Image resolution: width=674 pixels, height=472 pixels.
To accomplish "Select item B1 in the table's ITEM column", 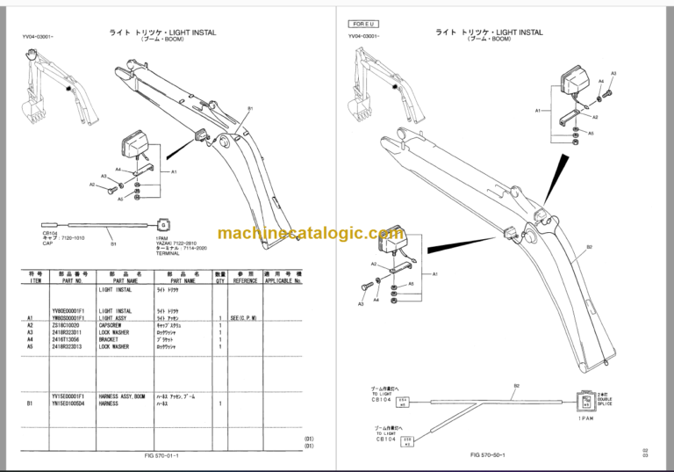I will [x=30, y=403].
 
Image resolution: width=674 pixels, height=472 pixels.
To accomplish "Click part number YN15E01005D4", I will [x=71, y=403].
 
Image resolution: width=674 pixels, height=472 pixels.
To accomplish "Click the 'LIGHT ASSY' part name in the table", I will [x=115, y=316].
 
